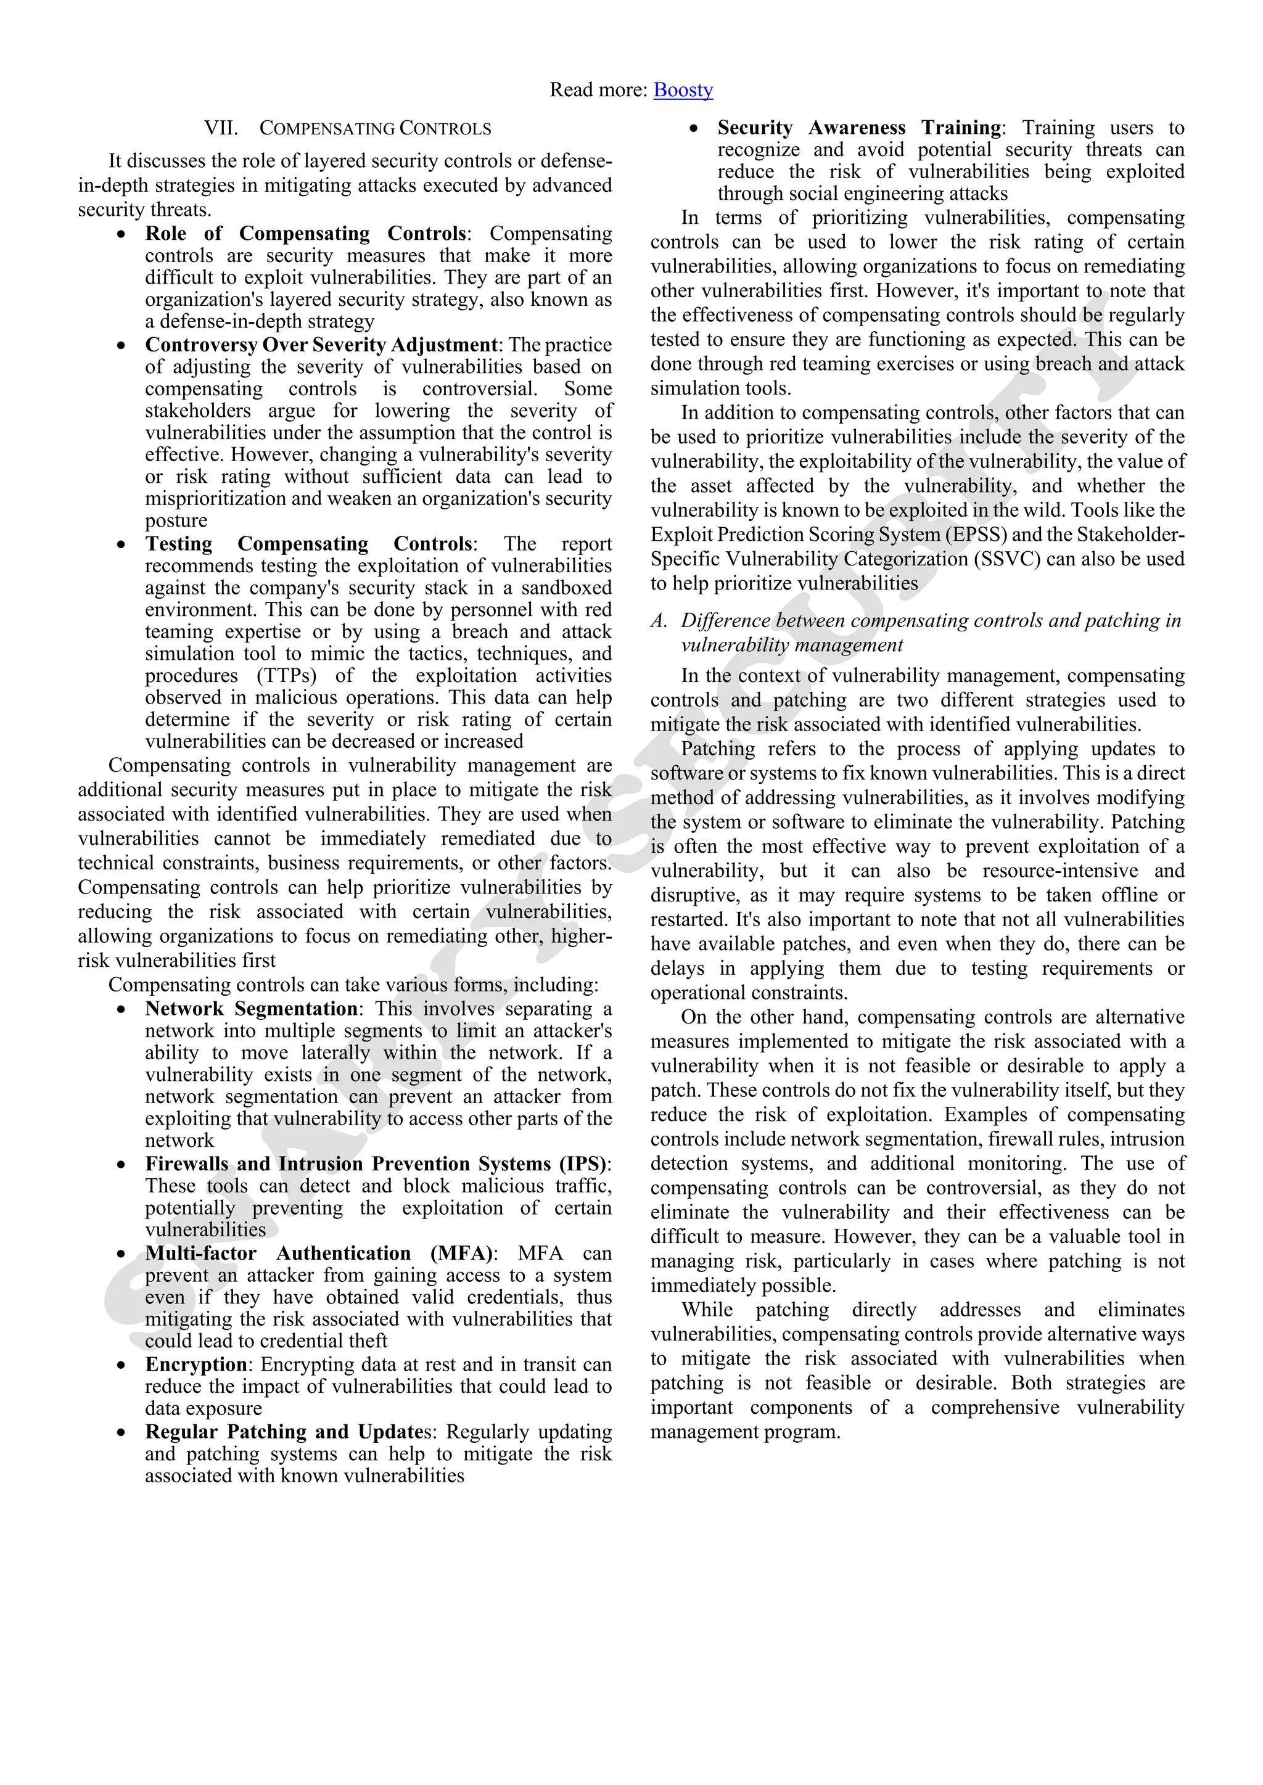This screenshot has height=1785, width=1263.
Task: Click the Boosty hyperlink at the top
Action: (x=683, y=90)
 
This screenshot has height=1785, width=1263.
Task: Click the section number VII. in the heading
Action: (x=221, y=128)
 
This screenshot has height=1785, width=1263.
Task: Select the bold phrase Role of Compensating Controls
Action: (x=305, y=233)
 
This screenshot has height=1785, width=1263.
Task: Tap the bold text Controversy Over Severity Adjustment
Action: (x=321, y=345)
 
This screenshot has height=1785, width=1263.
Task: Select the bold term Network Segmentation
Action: (x=250, y=1008)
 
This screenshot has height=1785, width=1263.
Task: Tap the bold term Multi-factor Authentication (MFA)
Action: (x=319, y=1254)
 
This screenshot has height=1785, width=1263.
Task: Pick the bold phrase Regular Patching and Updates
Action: (x=291, y=1431)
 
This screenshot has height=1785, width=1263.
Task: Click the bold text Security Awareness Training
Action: (x=858, y=128)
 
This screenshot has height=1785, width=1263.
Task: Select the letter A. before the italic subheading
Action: (x=659, y=620)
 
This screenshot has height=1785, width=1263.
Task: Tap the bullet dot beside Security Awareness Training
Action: (x=694, y=128)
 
